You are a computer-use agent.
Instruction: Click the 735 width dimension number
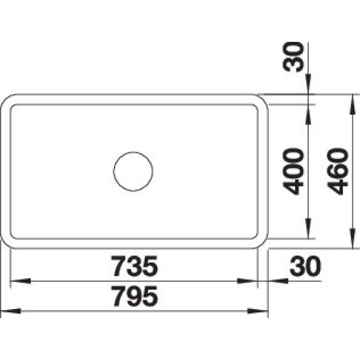(135, 266)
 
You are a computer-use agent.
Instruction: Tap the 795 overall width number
(135, 296)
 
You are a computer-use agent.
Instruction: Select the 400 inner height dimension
(293, 171)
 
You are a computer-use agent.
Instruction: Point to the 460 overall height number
(338, 171)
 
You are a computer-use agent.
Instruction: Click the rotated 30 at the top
(293, 57)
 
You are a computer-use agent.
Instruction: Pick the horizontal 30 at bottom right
(305, 266)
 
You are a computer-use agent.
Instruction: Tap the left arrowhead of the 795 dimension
(10, 312)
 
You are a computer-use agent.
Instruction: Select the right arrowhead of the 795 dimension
(258, 312)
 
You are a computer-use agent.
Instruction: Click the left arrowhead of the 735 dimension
(21, 281)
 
